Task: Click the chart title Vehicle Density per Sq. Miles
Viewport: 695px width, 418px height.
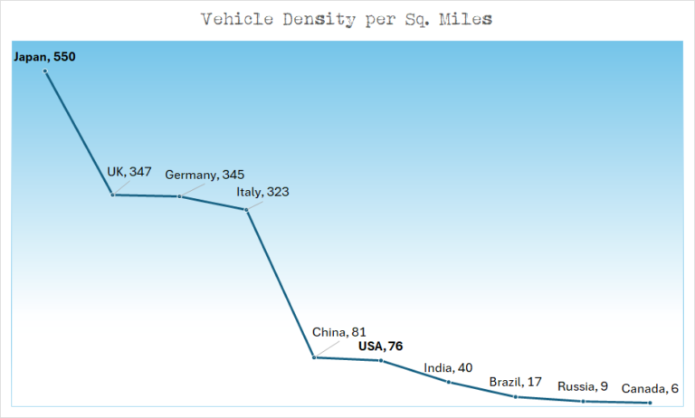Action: (347, 19)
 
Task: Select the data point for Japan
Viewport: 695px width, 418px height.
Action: (45, 71)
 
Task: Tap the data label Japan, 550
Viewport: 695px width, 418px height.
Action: (44, 57)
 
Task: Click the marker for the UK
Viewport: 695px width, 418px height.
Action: (112, 195)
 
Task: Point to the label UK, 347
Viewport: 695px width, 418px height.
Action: (129, 172)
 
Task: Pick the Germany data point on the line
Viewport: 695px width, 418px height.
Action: (179, 196)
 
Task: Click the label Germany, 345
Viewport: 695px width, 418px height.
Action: (205, 175)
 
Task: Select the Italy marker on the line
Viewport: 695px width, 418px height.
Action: (246, 210)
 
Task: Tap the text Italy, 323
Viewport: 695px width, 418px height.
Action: (263, 192)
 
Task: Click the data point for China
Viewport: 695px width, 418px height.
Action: (314, 357)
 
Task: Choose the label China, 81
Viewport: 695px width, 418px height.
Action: (339, 332)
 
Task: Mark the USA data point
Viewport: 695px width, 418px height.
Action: (381, 361)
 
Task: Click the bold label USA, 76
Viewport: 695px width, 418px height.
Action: (380, 346)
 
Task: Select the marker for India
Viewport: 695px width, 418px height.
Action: (448, 382)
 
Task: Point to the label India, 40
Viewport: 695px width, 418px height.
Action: (448, 367)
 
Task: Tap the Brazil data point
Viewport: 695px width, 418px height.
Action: (515, 396)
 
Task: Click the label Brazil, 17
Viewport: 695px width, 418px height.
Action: (515, 382)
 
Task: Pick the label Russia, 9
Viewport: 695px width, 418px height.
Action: (583, 386)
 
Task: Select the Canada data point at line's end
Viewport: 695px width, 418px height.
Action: (650, 403)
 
